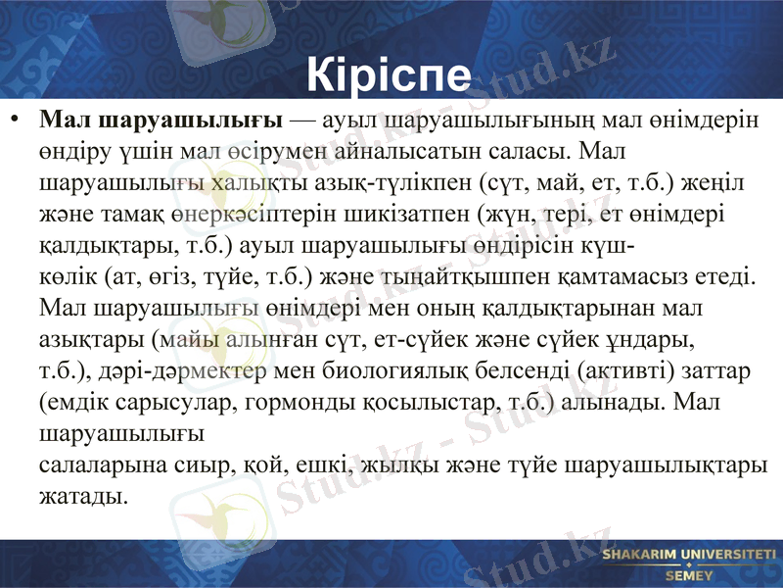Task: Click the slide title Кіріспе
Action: (390, 73)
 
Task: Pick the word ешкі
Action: (300, 464)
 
